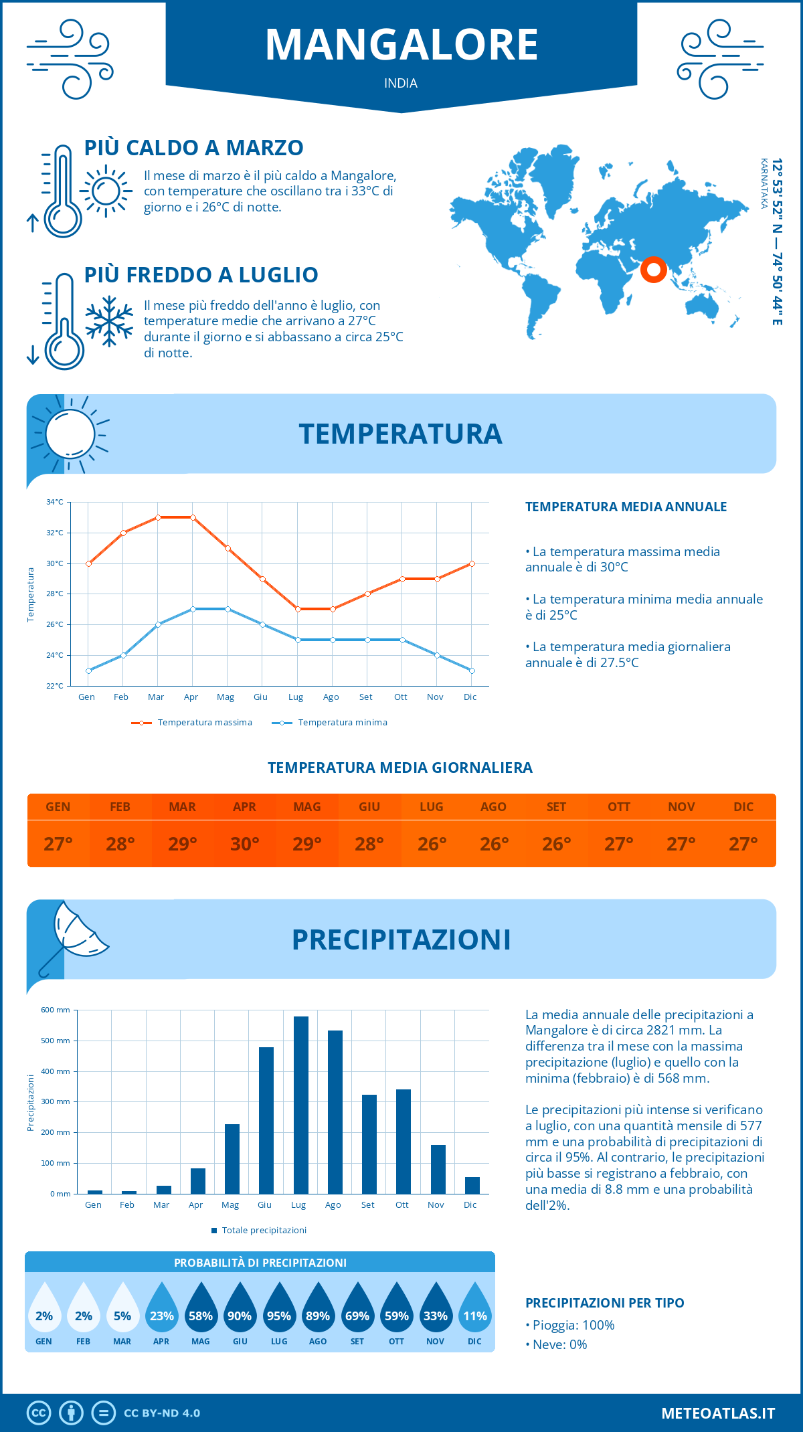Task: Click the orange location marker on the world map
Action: (653, 270)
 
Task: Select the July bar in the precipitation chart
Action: (300, 1105)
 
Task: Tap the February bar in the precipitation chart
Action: (128, 1192)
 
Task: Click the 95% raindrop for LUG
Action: (279, 1309)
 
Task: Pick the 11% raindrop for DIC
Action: (475, 1309)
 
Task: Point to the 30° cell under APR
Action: (245, 844)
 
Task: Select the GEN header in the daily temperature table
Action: (58, 807)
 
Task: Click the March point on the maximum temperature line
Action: (158, 517)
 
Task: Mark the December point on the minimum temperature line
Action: (472, 670)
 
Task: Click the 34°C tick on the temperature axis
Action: (55, 502)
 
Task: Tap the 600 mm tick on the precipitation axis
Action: (56, 1010)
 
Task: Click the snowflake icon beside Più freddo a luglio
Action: (109, 321)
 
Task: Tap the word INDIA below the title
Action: (401, 83)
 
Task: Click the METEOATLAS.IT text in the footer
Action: (718, 1413)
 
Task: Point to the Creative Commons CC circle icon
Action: (39, 1413)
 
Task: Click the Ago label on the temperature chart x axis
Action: (331, 697)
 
